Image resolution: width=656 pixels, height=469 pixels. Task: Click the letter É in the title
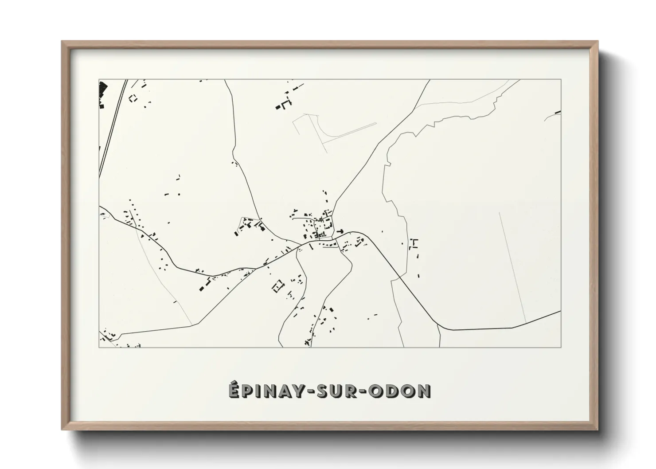[x=235, y=391]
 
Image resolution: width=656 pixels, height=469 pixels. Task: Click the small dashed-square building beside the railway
[x=132, y=98]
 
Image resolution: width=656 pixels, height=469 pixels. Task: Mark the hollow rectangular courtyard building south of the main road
[x=277, y=285]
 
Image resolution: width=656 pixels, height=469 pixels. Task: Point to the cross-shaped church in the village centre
[x=340, y=231]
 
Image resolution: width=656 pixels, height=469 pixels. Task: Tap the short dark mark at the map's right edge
[x=558, y=112]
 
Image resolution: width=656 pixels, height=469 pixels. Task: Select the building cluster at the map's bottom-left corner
[x=107, y=336]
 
